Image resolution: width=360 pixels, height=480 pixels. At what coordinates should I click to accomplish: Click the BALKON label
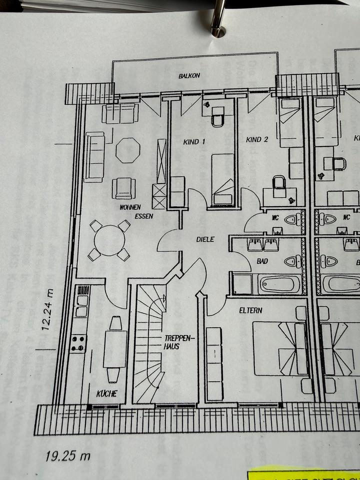pos(189,76)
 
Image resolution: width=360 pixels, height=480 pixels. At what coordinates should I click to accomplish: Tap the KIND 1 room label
pos(194,142)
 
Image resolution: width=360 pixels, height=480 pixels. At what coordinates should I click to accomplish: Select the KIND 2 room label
pos(257,139)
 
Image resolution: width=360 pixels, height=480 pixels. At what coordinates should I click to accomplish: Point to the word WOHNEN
pos(129,207)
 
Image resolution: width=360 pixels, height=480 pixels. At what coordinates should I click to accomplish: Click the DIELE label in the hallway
pos(204,239)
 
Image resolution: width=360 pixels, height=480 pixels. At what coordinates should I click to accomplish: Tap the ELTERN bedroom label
pos(250,310)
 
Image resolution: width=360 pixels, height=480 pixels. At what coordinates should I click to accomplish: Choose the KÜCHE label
pos(106,393)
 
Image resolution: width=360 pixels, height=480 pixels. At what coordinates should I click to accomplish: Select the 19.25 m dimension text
pos(68,455)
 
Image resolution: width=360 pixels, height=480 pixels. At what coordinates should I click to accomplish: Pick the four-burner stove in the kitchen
pos(78,343)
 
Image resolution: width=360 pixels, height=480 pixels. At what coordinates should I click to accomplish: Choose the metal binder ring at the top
pos(218,17)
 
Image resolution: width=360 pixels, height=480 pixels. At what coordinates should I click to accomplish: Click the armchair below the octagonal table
pos(123,188)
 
